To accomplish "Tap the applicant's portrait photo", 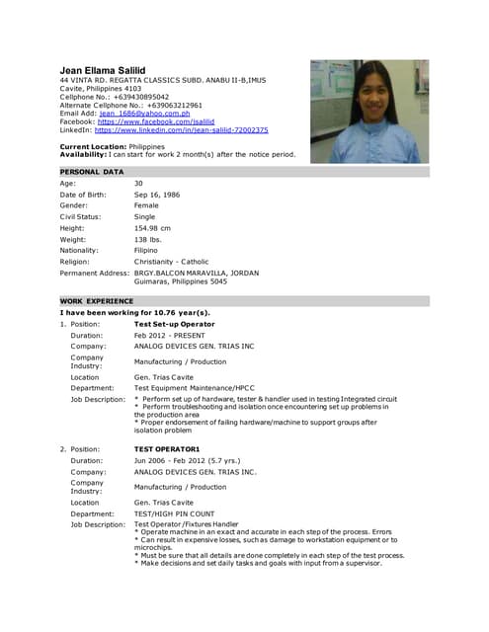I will [x=369, y=111].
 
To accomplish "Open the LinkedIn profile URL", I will [x=181, y=129].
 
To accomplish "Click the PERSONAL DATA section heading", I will [x=92, y=172].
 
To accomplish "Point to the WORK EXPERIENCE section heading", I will [x=97, y=300].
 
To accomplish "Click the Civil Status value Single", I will [x=145, y=216].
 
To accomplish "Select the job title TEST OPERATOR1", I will [x=167, y=448].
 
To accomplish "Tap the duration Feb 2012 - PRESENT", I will [x=170, y=336].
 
